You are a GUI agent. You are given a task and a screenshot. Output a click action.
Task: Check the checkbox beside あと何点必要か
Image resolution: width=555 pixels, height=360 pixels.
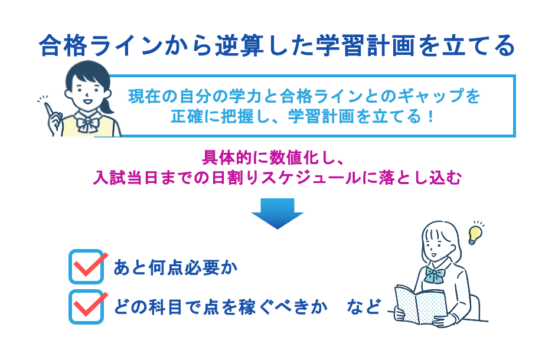86,267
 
